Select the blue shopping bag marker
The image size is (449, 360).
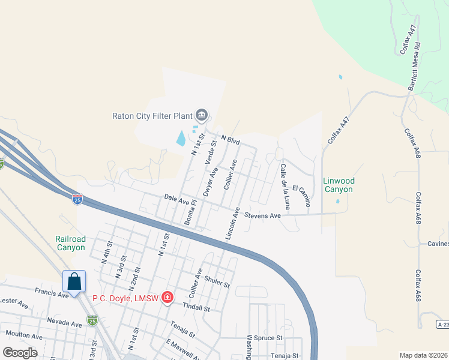[x=74, y=281]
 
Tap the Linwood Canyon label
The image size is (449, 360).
[x=339, y=185]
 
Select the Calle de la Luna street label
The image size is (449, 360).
[x=285, y=187]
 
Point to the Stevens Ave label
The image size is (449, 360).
[x=262, y=215]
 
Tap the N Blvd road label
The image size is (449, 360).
[x=231, y=140]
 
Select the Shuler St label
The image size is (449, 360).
[x=217, y=279]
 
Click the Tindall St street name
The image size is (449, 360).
[x=196, y=308]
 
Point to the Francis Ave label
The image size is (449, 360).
[x=52, y=294]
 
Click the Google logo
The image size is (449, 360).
[x=19, y=352]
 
